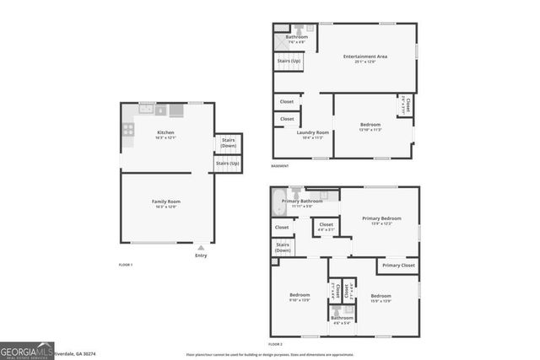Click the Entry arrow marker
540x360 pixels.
tap(200, 249)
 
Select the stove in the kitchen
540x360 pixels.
tap(128, 129)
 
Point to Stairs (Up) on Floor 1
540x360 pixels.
tap(228, 164)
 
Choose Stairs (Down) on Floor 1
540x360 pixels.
tap(228, 144)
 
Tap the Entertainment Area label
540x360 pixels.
tap(364, 58)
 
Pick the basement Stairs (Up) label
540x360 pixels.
tap(287, 62)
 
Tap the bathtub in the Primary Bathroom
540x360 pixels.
tap(279, 202)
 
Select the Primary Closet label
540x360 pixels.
tap(397, 266)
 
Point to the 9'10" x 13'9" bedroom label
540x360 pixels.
tap(300, 298)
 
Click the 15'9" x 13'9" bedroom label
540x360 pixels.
tap(381, 298)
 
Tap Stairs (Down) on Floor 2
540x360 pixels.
tap(282, 248)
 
